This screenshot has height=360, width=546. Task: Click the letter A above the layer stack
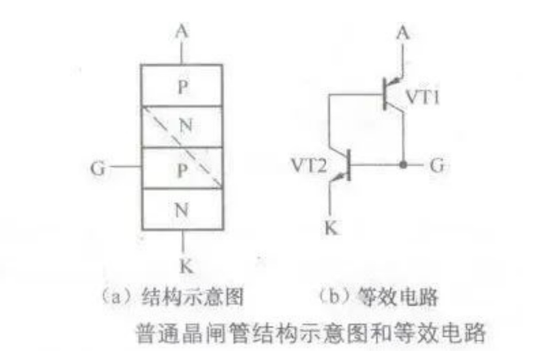click(182, 32)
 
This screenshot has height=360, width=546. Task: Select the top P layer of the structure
click(182, 85)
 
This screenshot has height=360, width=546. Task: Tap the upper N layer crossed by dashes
click(182, 127)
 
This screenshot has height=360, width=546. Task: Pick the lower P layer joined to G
click(182, 168)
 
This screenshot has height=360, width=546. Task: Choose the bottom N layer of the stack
click(182, 209)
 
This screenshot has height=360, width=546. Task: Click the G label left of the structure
click(97, 169)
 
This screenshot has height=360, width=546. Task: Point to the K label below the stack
click(186, 267)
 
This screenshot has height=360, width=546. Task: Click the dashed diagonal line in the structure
click(183, 148)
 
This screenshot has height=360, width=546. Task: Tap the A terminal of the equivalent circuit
click(403, 33)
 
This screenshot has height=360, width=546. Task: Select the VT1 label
click(423, 97)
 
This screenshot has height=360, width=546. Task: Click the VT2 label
click(309, 165)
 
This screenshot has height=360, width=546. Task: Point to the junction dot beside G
click(403, 165)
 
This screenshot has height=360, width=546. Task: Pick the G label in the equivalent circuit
click(436, 165)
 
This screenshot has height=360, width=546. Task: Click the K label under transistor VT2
click(331, 228)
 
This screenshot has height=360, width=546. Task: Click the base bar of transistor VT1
click(385, 94)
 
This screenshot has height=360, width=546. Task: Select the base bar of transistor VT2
click(349, 165)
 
